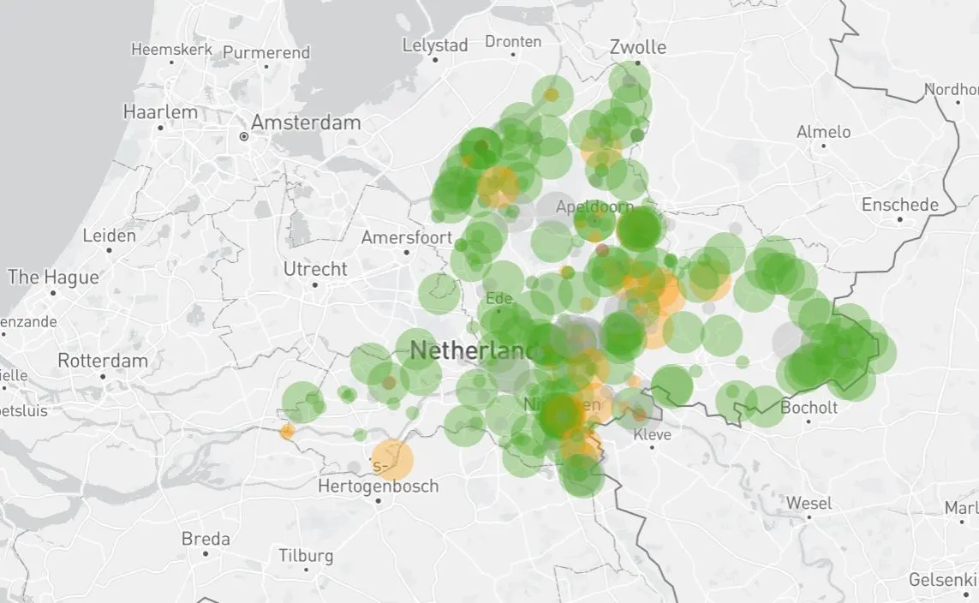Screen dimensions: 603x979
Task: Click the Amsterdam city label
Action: point(305,122)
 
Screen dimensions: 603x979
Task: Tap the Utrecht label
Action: point(315,269)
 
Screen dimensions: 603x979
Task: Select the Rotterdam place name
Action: point(103,361)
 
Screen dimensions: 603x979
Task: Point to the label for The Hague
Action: point(53,277)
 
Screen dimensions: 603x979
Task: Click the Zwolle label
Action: point(638,47)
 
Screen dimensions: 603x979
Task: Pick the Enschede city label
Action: point(899,205)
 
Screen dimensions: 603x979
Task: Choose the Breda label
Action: point(206,539)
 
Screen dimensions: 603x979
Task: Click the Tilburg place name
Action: point(306,555)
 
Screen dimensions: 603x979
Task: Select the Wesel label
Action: point(809,503)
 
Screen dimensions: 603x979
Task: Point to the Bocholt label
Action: point(809,408)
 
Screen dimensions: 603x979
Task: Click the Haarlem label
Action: point(160,112)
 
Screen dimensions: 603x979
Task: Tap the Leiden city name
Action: point(109,236)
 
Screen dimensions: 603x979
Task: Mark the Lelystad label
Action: point(435,45)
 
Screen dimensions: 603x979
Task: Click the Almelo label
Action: point(823,132)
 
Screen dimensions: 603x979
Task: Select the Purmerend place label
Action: point(266,52)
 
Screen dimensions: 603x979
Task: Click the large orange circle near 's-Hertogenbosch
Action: point(392,459)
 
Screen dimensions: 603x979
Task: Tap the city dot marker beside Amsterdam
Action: point(244,136)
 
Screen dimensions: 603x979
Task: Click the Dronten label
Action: point(513,41)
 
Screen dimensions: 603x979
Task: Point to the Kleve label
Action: point(652,434)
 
